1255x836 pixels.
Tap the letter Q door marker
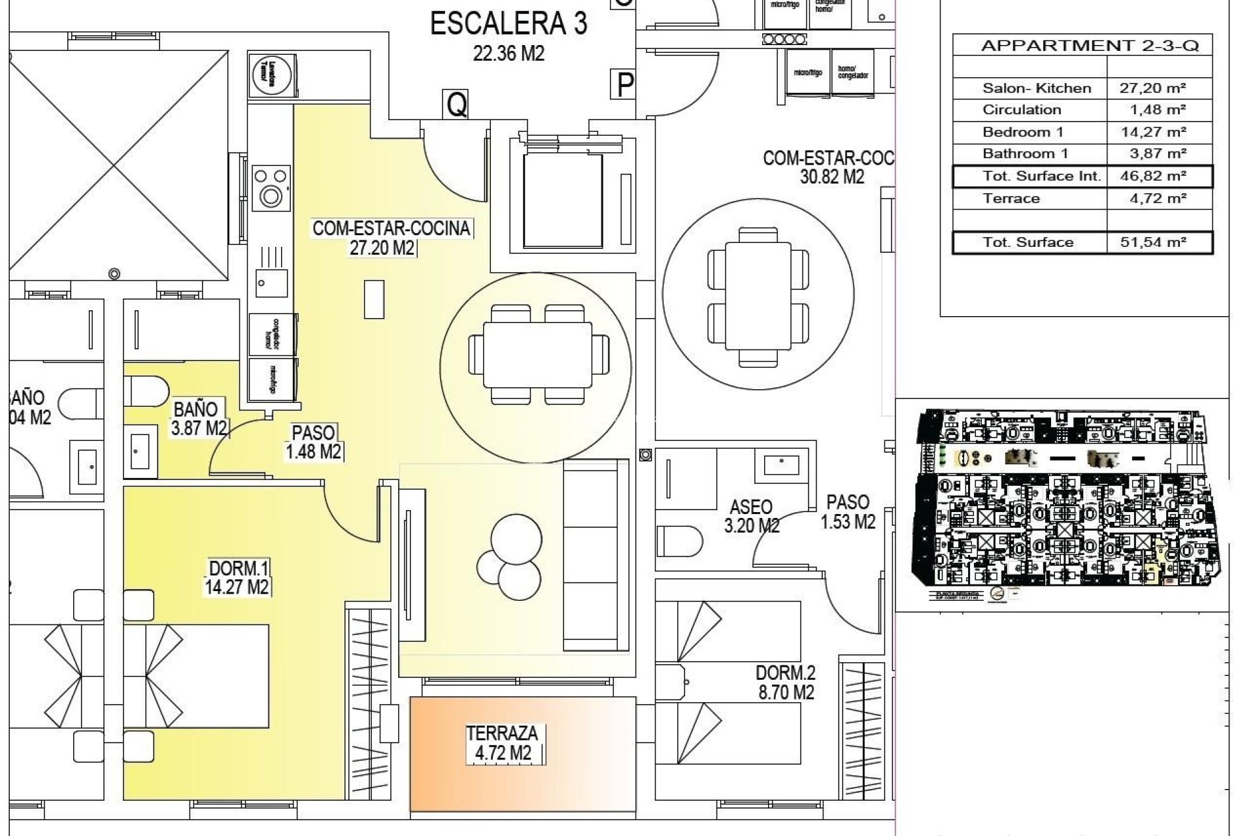pos(456,104)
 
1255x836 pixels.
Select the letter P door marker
pos(625,84)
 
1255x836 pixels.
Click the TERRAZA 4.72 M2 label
pos(502,743)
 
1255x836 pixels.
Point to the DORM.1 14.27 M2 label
pos(237,577)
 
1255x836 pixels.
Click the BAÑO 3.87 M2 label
pos(198,419)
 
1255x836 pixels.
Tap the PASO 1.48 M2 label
pos(314,442)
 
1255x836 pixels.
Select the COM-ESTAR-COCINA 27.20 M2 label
pos(391,238)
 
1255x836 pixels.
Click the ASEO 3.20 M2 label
pos(751,516)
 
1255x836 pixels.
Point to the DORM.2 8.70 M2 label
pos(785,683)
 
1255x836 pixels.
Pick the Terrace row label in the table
pos(1011,199)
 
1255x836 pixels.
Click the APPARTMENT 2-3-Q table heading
pos(1090,46)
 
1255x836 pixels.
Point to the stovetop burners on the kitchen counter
pos(271,187)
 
